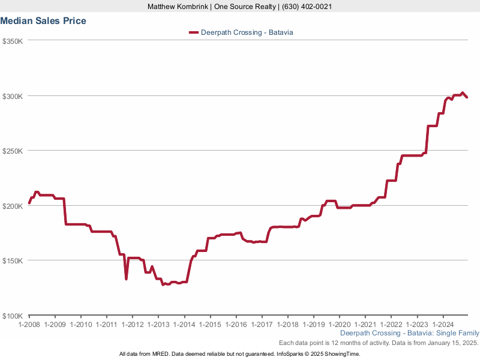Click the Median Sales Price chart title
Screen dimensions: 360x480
(x=43, y=21)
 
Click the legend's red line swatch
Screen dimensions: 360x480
(x=193, y=32)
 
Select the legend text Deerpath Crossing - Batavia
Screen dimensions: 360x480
(x=247, y=32)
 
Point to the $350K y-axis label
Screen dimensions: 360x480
(x=12, y=41)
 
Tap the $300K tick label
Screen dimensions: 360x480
(x=12, y=96)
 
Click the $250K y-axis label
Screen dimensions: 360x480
(x=12, y=151)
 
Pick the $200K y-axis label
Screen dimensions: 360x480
(x=12, y=206)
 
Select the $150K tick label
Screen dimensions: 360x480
(x=12, y=261)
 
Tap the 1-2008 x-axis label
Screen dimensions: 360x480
(x=29, y=324)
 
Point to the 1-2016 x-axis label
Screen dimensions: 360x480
(x=236, y=324)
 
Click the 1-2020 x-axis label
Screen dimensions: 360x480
(x=339, y=324)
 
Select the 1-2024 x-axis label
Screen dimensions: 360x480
(x=443, y=324)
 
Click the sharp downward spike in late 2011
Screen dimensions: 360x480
(x=126, y=278)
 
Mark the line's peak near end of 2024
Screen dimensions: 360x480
(x=462, y=93)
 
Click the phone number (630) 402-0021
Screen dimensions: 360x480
(x=306, y=7)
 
